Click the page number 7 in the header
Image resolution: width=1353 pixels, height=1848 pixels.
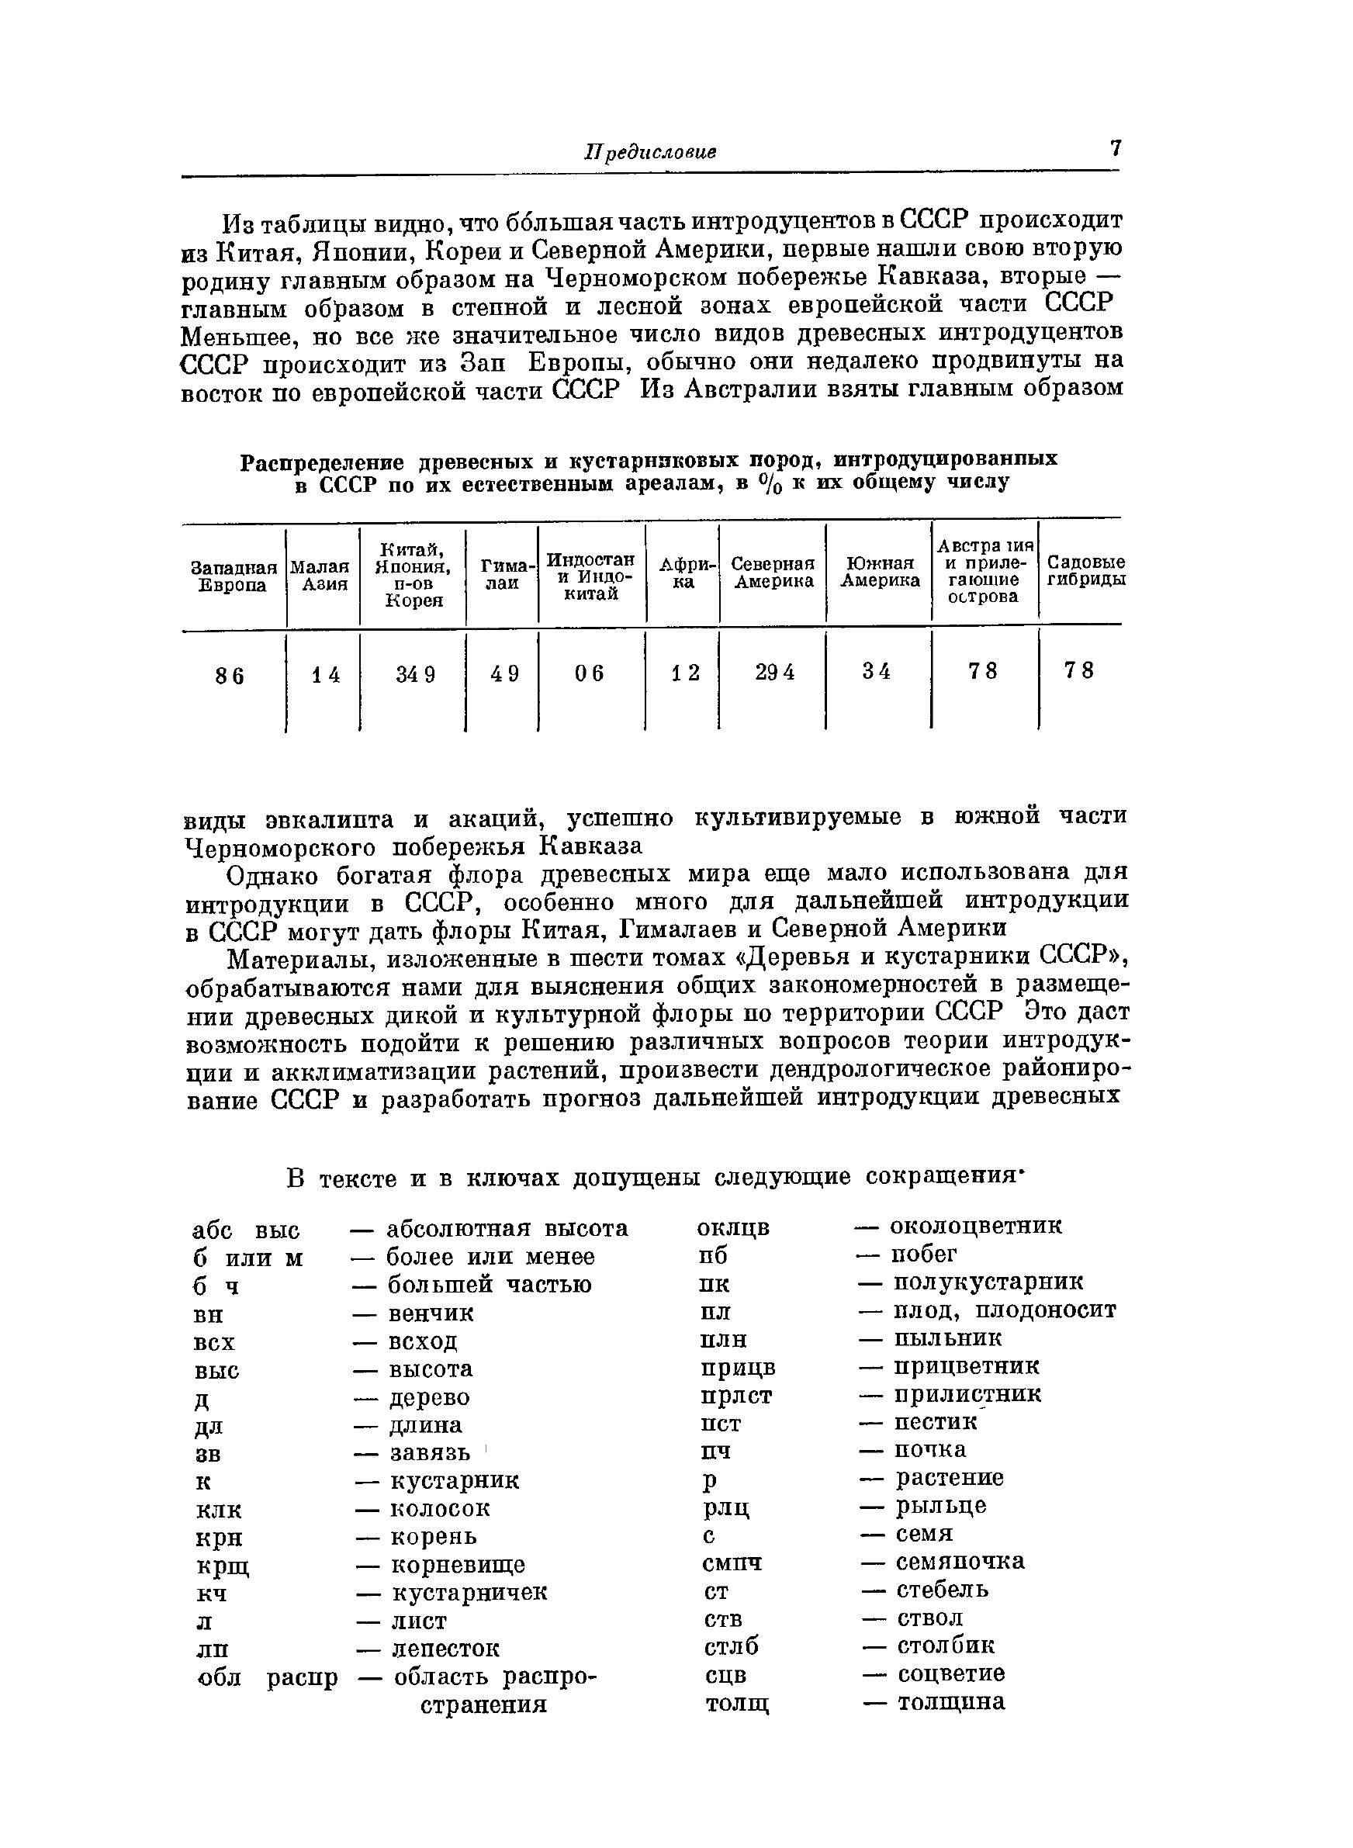[1115, 149]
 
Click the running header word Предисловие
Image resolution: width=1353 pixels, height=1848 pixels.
[650, 152]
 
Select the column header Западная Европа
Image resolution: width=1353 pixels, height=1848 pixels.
[234, 576]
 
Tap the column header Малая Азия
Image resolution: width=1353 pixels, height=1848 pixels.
[324, 575]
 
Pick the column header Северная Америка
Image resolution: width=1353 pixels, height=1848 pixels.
[773, 573]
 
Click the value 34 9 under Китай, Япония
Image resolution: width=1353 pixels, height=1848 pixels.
[415, 674]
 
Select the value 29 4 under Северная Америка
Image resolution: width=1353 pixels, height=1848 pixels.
[774, 671]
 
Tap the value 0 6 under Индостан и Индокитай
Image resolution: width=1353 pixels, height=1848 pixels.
[589, 673]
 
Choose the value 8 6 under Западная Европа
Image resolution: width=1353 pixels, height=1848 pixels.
[230, 676]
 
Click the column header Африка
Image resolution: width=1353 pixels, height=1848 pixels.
[683, 573]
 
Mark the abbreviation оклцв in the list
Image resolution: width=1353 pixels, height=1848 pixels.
[733, 1228]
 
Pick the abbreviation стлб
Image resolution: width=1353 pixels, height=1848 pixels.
[732, 1646]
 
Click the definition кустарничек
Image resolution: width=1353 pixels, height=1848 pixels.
[469, 1593]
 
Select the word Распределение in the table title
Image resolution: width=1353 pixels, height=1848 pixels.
[324, 462]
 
